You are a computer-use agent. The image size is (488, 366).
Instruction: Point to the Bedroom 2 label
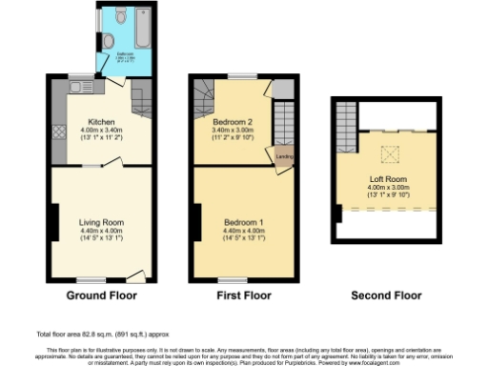(x=229, y=123)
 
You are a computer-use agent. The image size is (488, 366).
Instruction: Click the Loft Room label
(x=387, y=178)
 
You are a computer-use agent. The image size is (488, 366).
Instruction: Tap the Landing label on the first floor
(x=283, y=157)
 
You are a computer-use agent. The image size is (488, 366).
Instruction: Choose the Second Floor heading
(x=386, y=295)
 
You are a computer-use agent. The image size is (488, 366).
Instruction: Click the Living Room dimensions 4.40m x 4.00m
(x=101, y=231)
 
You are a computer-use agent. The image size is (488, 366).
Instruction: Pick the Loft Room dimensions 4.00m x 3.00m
(x=387, y=188)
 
